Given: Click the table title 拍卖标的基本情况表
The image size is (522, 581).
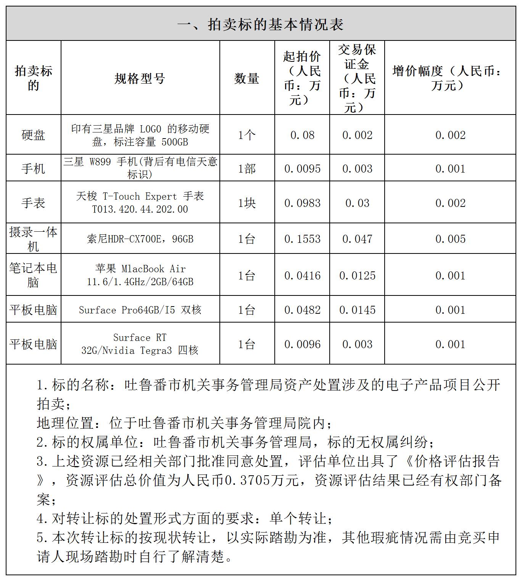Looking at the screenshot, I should pyautogui.click(x=261, y=24).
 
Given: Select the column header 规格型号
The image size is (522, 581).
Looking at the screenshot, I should pyautogui.click(x=140, y=78).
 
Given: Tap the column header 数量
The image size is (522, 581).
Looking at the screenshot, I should pyautogui.click(x=246, y=78).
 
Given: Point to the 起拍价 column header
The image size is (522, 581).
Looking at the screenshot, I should pyautogui.click(x=302, y=78).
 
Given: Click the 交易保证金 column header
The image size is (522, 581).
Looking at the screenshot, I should pyautogui.click(x=357, y=78).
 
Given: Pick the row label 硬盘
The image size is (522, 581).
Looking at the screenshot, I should pyautogui.click(x=33, y=135).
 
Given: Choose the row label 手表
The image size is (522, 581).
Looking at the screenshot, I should pyautogui.click(x=33, y=202).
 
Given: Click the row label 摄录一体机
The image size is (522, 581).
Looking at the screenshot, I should pyautogui.click(x=33, y=239).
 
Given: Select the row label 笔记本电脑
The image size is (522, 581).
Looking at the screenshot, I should pyautogui.click(x=33, y=275).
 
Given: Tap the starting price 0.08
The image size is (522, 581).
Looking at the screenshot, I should pyautogui.click(x=302, y=135).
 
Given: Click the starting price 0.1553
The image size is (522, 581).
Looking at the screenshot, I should pyautogui.click(x=302, y=239).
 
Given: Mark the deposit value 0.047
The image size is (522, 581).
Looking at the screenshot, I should pyautogui.click(x=357, y=239).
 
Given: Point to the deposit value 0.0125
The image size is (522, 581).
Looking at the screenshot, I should pyautogui.click(x=357, y=276).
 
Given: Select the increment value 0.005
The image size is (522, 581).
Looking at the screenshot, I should pyautogui.click(x=450, y=239).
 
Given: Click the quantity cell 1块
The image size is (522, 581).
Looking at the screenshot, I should pyautogui.click(x=246, y=203).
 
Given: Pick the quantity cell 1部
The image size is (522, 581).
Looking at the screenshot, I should pyautogui.click(x=246, y=168).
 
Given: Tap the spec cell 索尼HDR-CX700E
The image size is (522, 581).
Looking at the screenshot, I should pyautogui.click(x=140, y=239).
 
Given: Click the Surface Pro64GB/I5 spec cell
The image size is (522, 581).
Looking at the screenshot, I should pyautogui.click(x=140, y=310).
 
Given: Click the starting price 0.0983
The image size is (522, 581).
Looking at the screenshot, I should pyautogui.click(x=302, y=203).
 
